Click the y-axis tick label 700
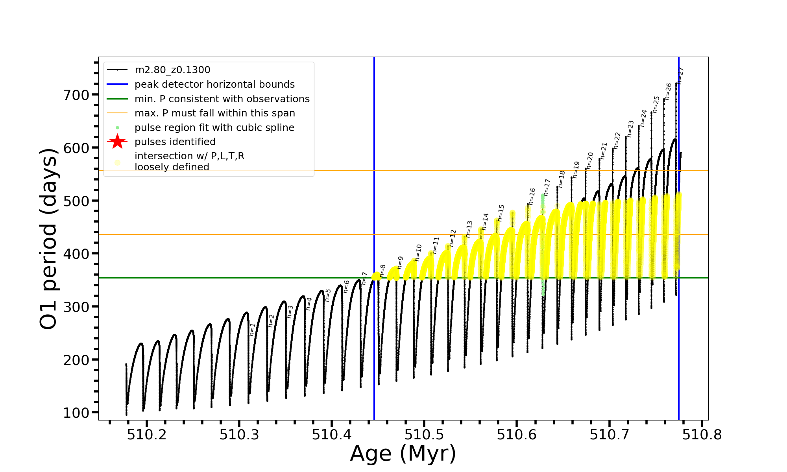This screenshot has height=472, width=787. coord(76,95)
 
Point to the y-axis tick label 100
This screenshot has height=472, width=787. coord(76,413)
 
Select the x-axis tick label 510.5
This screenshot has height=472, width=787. coord(424,435)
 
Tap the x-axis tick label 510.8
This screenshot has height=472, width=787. coord(702,435)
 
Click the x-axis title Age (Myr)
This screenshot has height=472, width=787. coord(403,454)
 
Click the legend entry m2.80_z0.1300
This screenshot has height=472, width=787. coord(172,70)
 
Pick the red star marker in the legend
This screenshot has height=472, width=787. coord(117,142)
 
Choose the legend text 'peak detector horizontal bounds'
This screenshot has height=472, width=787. coord(214,85)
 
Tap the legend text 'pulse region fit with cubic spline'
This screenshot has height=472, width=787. coord(214,128)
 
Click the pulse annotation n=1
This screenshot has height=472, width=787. coord(252,329)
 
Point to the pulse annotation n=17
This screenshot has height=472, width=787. coord(547,187)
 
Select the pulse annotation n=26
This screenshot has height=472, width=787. coord(668,91)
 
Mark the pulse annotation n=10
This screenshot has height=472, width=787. coord(418,253)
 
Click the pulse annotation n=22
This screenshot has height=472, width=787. coord(617,140)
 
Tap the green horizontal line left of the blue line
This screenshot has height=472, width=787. coord(236,278)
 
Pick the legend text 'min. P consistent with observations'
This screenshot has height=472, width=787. coord(222,99)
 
